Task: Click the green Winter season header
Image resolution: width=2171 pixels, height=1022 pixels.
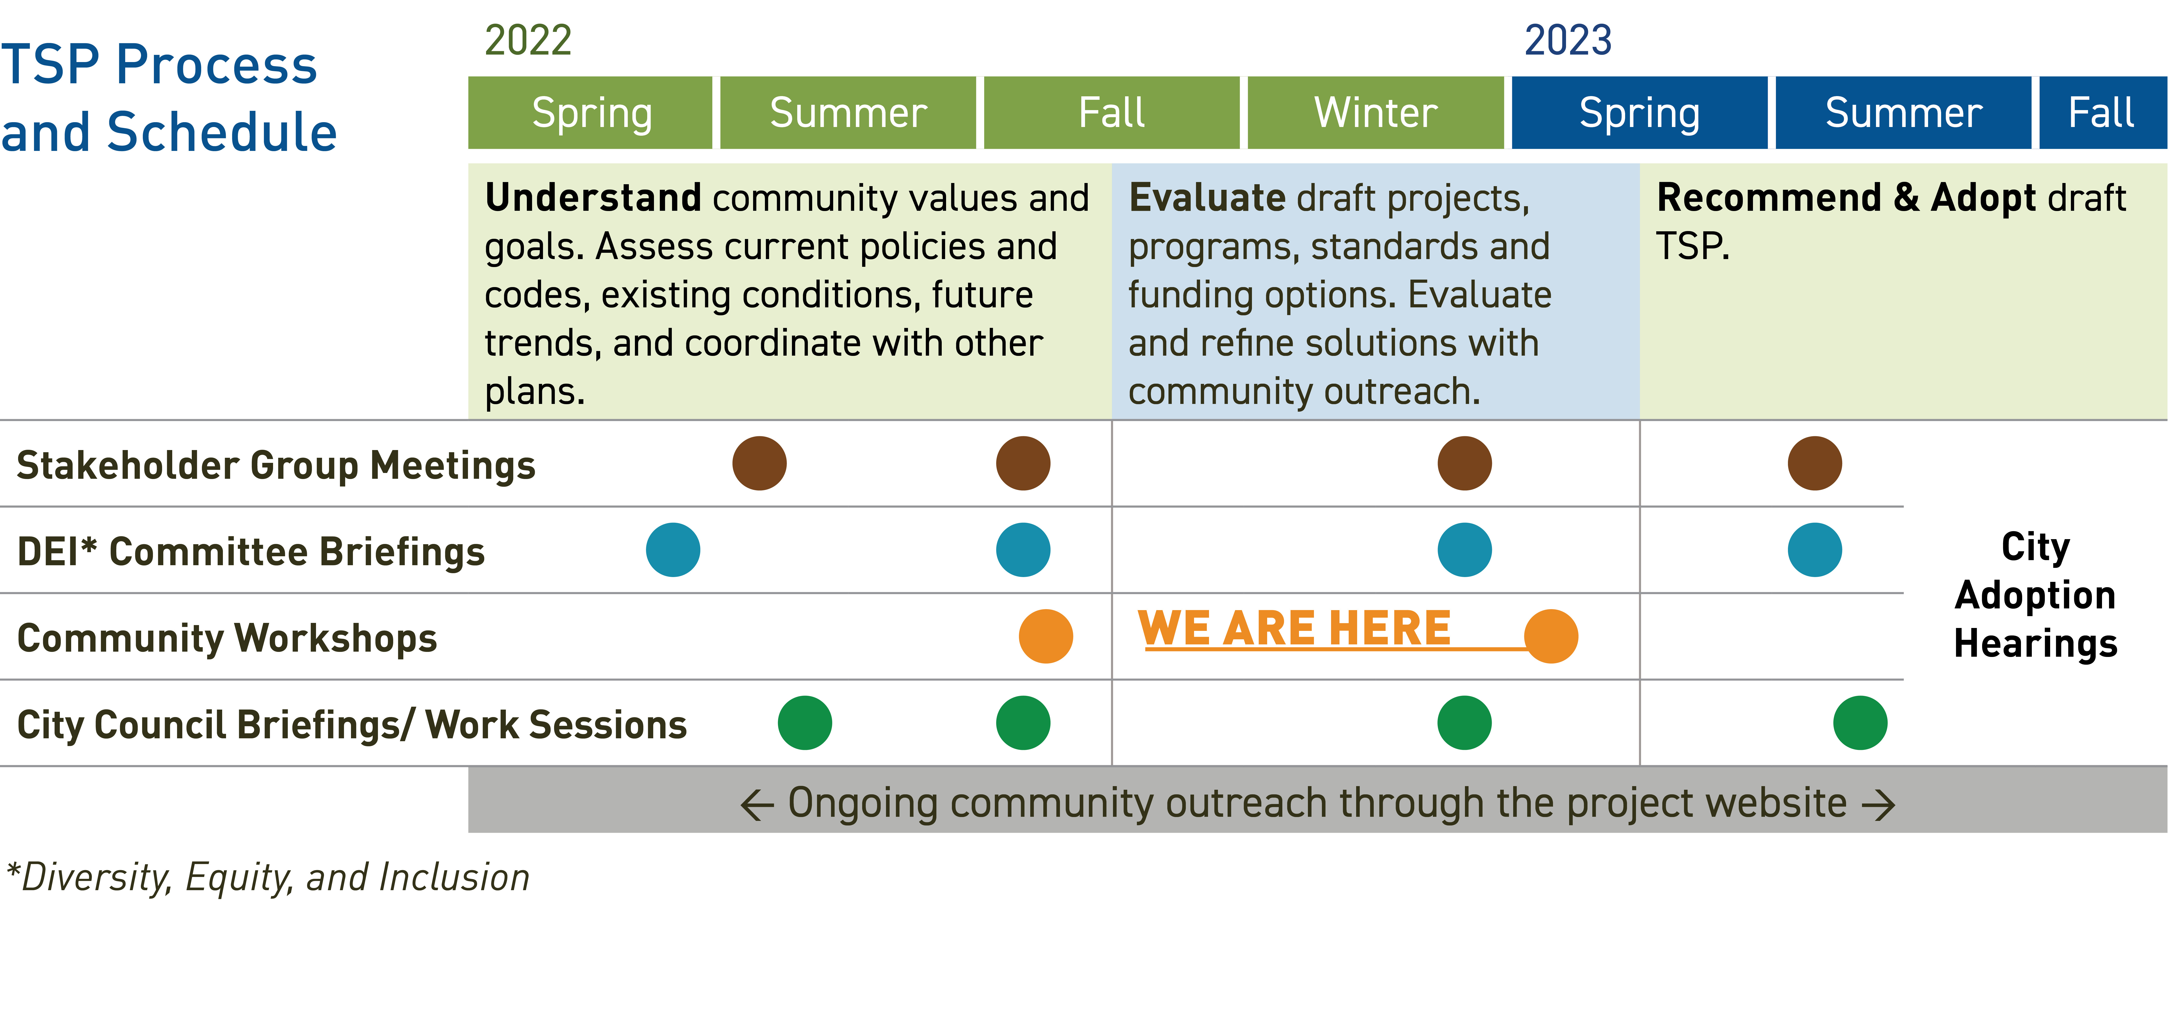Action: [x=1375, y=113]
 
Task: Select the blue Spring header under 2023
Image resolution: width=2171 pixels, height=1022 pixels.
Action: [x=1639, y=113]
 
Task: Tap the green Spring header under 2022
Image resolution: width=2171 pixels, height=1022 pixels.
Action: [x=590, y=113]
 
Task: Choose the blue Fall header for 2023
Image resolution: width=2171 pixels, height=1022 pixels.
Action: [x=2103, y=113]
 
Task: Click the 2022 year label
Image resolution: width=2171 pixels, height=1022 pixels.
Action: [x=529, y=41]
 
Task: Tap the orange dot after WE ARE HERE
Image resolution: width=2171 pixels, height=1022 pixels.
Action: [x=1551, y=636]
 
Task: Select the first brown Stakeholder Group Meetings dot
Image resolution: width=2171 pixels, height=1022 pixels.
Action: [x=759, y=463]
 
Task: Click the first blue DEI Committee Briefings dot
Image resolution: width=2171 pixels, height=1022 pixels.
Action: [x=673, y=550]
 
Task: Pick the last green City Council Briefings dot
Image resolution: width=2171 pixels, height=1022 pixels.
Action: [x=1860, y=723]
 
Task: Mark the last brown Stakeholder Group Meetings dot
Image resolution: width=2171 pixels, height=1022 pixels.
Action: [x=1814, y=463]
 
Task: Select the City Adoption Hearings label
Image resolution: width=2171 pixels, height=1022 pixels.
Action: [x=2035, y=594]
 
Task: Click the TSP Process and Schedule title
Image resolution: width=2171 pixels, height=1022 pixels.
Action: [x=169, y=98]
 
